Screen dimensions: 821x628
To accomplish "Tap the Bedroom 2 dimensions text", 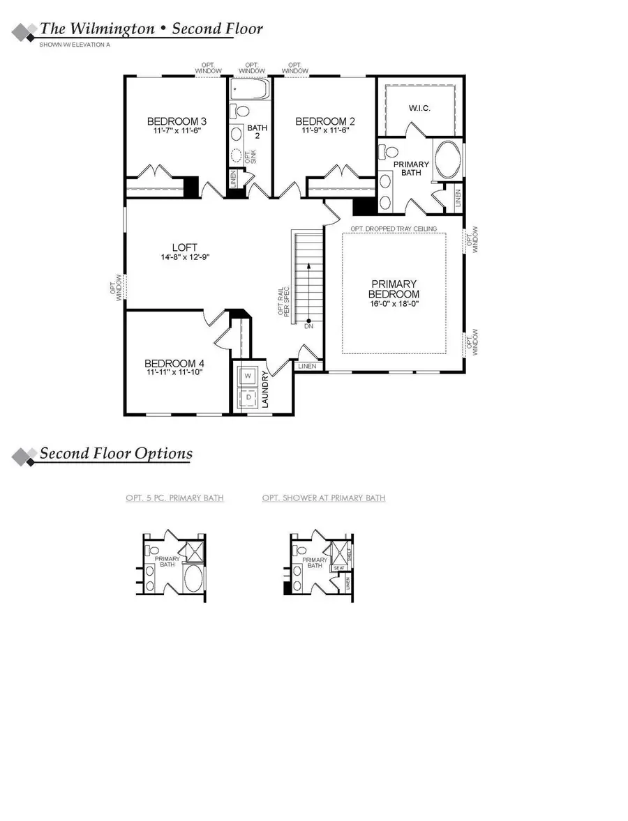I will point(324,130).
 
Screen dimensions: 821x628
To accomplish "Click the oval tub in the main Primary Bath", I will point(447,160).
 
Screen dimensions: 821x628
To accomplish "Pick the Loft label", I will point(185,247).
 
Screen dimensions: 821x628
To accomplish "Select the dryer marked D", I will point(248,399).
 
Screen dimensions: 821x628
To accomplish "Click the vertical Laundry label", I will point(266,389).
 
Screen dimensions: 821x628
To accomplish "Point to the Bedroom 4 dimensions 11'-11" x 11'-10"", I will point(174,374).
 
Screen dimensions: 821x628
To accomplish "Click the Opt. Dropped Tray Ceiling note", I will point(394,229).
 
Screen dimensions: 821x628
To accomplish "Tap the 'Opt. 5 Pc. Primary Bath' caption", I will point(174,498).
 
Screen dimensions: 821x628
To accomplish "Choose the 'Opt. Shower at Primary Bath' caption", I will point(324,498).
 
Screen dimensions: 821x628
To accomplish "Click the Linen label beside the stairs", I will point(307,366).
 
